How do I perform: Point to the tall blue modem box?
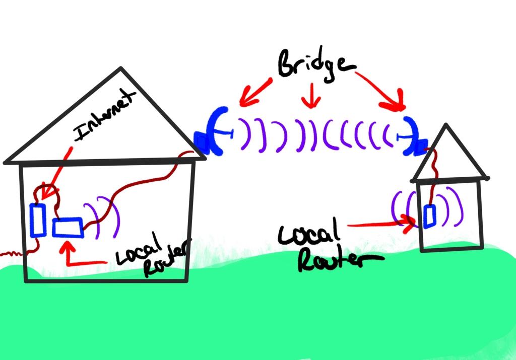coord(38,220)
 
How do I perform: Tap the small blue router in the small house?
coord(430,216)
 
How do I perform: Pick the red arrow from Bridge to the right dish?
coord(383,91)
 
